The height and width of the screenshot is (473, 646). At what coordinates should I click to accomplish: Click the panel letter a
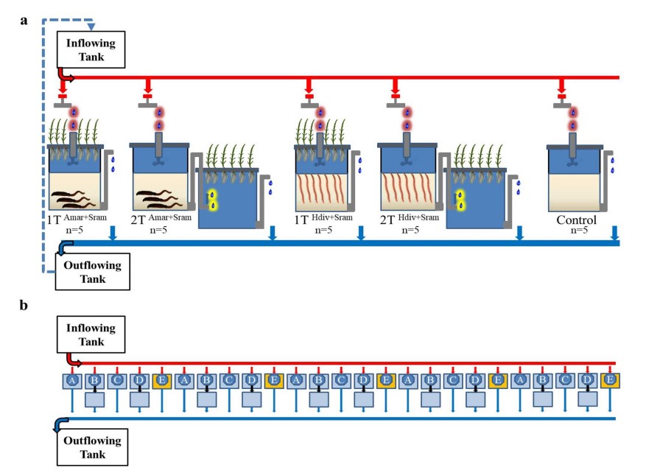coord(24,20)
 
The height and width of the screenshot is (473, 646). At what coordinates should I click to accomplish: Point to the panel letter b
coord(24,304)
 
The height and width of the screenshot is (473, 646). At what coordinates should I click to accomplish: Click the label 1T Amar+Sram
coord(74,219)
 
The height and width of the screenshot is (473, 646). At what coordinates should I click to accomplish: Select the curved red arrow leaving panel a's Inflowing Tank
coord(66,75)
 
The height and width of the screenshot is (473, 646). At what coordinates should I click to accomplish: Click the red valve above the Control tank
coord(562,95)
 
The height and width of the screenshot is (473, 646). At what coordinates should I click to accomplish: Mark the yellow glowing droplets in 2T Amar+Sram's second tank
coord(213,199)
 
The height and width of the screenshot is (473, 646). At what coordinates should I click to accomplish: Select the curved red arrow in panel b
coord(72,360)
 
